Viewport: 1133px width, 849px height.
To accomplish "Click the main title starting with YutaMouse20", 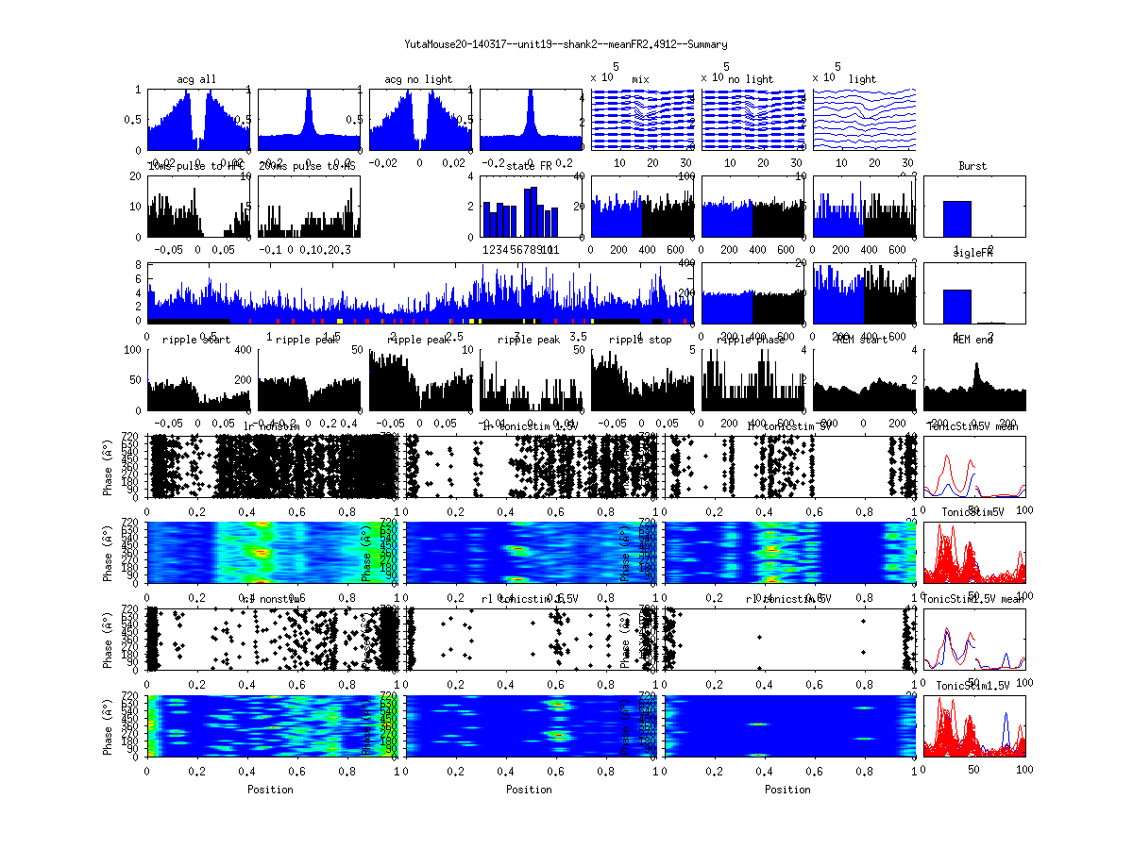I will click(x=566, y=44).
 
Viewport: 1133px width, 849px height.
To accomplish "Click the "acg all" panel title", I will click(x=196, y=79).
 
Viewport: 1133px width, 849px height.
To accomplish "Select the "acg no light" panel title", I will click(x=418, y=79).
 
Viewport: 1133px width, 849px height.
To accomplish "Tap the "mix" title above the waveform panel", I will click(x=641, y=79).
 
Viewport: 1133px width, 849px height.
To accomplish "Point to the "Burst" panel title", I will click(x=972, y=166).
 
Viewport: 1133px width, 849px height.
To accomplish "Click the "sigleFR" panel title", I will click(x=972, y=254).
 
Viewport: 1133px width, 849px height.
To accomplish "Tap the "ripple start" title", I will click(x=196, y=340).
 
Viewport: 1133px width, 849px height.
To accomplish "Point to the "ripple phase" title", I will click(x=753, y=340).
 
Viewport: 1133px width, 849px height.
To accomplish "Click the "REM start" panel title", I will click(x=861, y=340).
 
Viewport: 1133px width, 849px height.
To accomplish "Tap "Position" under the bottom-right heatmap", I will click(x=788, y=790).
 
